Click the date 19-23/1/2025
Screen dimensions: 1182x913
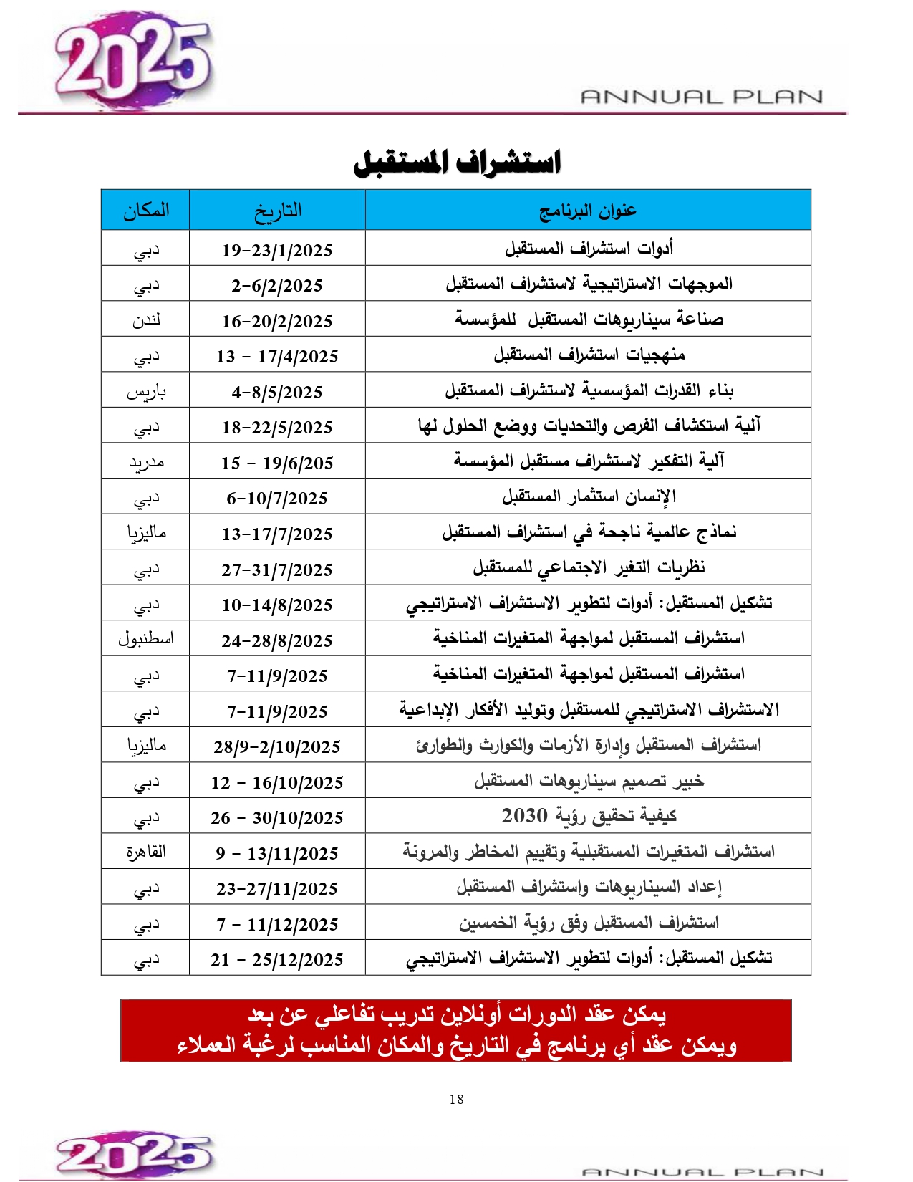coord(277,250)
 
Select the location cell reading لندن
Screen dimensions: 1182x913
coord(146,320)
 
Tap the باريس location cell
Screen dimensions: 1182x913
coord(146,392)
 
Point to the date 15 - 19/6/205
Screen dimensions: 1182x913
coord(277,463)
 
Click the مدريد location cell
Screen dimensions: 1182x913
coord(146,463)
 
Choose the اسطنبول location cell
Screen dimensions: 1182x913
coord(146,638)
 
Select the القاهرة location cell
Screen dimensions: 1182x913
coord(146,852)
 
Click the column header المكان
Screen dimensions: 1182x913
coord(146,210)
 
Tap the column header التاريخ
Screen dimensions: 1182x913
coord(277,210)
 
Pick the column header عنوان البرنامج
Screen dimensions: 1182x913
coord(587,210)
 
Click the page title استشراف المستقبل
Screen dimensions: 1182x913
coord(457,162)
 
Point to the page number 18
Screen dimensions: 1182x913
coord(457,1099)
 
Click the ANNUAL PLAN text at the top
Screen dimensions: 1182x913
coord(701,96)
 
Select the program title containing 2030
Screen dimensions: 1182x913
coord(589,816)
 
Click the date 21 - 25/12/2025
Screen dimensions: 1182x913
coord(277,959)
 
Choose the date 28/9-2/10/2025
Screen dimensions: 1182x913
coord(277,746)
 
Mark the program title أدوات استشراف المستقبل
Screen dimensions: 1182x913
coord(589,249)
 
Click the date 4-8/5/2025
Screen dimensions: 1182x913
coord(277,392)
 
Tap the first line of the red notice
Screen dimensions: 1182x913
coord(457,1014)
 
